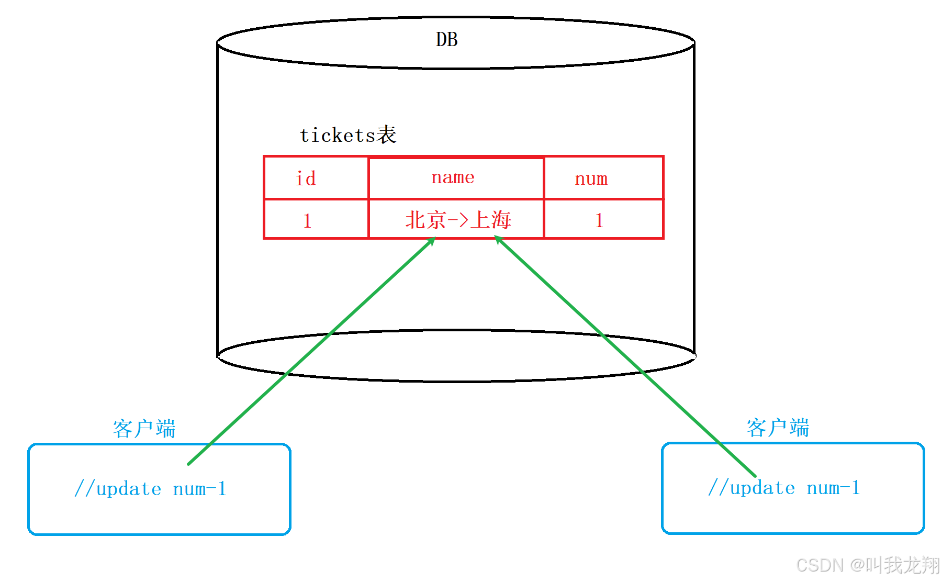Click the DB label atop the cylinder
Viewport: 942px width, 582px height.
(x=446, y=40)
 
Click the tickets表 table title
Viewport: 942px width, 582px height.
(x=347, y=135)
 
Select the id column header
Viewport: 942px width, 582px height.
(x=306, y=179)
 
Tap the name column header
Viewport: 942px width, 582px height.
(x=453, y=177)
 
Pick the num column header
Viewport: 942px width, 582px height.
(x=591, y=179)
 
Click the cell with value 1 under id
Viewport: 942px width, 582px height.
(x=307, y=221)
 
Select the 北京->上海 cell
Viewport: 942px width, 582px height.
(x=458, y=220)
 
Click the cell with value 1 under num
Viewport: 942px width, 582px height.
(x=599, y=220)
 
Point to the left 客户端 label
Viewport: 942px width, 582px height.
(x=144, y=429)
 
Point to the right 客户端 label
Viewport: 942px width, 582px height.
(x=778, y=428)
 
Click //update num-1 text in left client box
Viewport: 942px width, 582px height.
(x=150, y=489)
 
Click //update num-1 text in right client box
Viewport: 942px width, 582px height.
(x=784, y=488)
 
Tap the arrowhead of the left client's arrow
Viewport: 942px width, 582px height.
(x=432, y=241)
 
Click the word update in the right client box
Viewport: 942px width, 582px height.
(x=762, y=488)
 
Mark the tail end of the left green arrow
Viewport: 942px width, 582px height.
(x=189, y=463)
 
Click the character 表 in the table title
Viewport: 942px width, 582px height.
(x=386, y=135)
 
